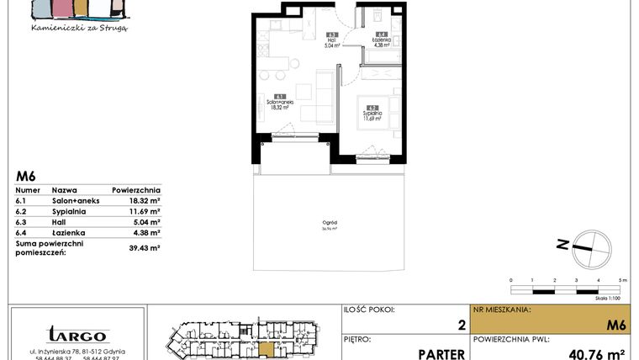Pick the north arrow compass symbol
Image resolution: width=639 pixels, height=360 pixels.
[x=585, y=245]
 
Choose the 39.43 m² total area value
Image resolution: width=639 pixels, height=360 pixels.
[x=144, y=248]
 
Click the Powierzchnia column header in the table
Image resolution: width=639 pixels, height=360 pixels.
[x=135, y=191]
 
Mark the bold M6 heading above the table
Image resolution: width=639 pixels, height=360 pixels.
[x=25, y=177]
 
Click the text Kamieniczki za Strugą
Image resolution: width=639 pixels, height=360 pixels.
[x=78, y=27]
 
